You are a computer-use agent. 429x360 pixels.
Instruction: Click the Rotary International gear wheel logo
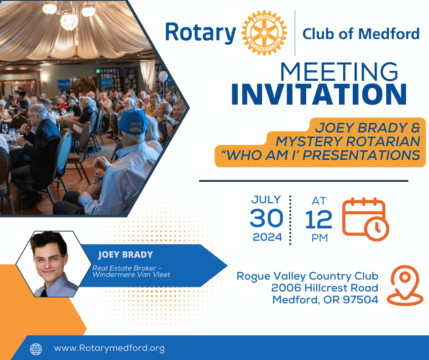point(264,33)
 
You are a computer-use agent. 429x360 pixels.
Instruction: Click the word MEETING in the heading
point(339,72)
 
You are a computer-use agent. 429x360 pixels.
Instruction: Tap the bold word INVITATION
point(319,94)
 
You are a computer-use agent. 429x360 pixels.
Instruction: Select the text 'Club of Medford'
point(361,34)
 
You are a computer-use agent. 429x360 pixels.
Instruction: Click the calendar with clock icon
point(366,219)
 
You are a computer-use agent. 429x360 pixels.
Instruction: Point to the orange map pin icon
point(405,286)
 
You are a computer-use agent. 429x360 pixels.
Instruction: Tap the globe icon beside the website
point(36,349)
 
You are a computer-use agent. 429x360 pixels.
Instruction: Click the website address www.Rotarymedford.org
point(109,348)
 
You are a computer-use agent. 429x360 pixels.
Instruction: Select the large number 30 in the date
point(267,218)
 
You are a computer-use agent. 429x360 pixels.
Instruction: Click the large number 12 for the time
point(319,219)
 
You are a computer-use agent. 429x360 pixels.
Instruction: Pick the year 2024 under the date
point(267,237)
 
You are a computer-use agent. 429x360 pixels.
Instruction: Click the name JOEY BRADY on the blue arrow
point(126,254)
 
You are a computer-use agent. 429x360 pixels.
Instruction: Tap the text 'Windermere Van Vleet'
point(131,275)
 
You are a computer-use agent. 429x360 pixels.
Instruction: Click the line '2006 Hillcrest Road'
point(325,288)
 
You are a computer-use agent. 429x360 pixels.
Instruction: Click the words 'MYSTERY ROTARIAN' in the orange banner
point(348,141)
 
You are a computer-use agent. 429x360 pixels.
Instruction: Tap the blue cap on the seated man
point(133,122)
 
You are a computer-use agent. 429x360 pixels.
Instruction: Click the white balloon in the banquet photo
point(163,76)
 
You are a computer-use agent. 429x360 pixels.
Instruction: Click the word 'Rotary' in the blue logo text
point(200,33)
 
